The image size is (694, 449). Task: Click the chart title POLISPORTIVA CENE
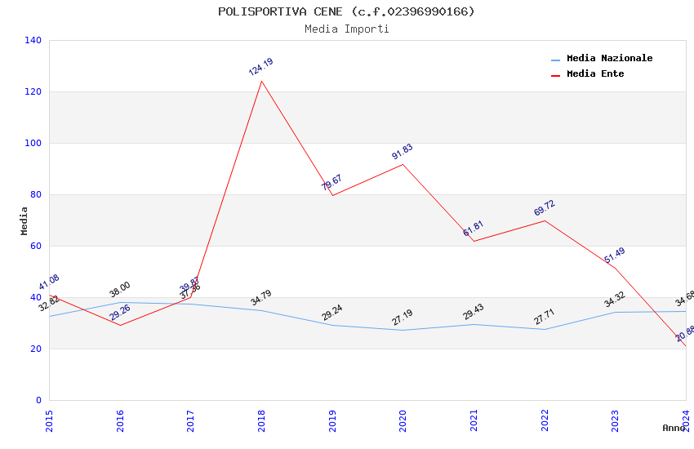point(346,11)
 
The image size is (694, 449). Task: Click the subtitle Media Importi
point(346,29)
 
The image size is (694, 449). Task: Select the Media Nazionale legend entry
point(609,59)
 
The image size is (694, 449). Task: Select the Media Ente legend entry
point(595,74)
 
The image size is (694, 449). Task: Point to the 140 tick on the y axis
point(33,40)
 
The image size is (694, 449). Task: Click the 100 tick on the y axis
point(33,143)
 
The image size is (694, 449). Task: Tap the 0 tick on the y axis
point(38,400)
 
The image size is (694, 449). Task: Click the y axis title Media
point(24,220)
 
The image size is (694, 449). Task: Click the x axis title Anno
point(674,428)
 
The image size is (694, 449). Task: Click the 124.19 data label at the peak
point(260,67)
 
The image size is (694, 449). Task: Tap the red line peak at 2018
point(261,81)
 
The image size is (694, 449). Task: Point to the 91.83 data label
point(402,152)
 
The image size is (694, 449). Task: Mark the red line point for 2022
point(545,220)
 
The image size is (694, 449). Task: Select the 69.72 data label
point(544,207)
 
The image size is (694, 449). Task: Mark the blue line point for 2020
point(403,330)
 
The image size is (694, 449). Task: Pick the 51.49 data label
point(614,254)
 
